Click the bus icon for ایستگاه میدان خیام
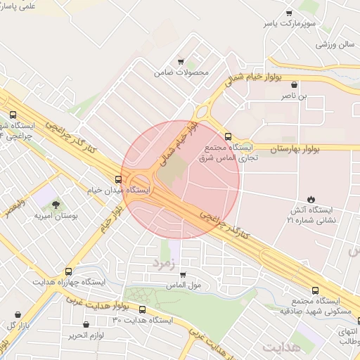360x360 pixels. tap(117, 180)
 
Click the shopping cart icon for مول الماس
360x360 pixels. tap(183, 275)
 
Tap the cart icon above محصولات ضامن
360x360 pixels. tap(181, 62)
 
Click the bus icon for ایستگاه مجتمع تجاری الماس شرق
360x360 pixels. tap(227, 136)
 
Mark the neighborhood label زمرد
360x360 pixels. tap(162, 263)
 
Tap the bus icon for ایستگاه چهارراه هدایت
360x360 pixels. tap(68, 271)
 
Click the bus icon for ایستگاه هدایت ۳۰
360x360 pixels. tap(143, 309)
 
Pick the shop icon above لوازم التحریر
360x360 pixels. tap(86, 325)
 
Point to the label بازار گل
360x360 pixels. tap(15, 326)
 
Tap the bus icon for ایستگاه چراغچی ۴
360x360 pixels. tap(13, 115)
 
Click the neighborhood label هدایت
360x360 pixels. tap(281, 347)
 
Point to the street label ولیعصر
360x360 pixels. tap(13, 208)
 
